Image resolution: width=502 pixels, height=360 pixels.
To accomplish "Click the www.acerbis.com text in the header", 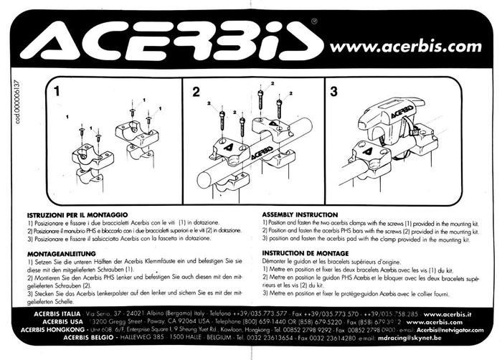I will (x=405, y=47).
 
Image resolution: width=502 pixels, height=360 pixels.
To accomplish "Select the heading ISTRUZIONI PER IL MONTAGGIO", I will (x=77, y=215).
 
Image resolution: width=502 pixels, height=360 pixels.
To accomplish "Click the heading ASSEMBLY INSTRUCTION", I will (x=300, y=214).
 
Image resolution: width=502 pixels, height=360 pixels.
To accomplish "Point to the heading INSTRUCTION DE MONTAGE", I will (x=307, y=253).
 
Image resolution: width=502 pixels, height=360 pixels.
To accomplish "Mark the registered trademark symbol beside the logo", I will (x=313, y=22).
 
